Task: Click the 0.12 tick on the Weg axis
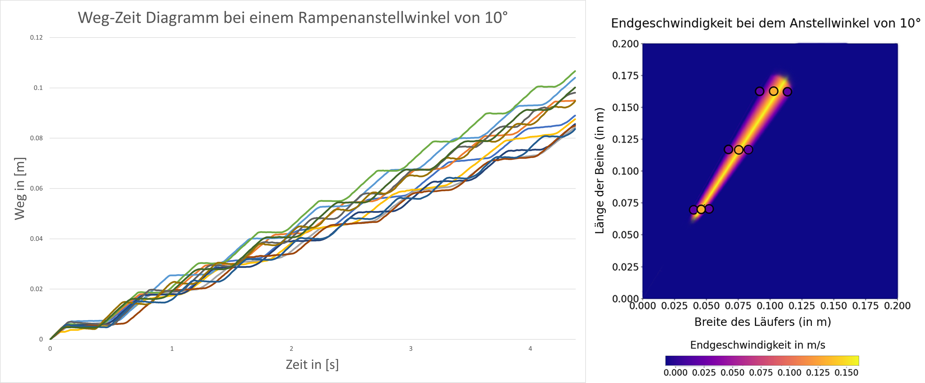[36, 37]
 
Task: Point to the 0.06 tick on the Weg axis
[36, 188]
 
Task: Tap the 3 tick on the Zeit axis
[411, 348]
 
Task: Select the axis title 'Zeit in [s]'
[312, 364]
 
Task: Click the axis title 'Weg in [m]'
[20, 188]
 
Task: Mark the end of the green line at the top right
[575, 71]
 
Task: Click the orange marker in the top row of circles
[773, 91]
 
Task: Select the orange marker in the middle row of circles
[738, 150]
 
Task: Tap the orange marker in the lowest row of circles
[701, 209]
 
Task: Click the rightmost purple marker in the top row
[787, 92]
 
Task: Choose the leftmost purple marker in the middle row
[728, 149]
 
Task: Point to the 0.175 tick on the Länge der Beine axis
[625, 76]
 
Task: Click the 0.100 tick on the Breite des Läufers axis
[770, 306]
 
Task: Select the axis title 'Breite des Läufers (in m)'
[762, 322]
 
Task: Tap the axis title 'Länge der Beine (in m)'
[599, 170]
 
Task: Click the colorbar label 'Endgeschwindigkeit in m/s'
[757, 345]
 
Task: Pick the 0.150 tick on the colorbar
[846, 373]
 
